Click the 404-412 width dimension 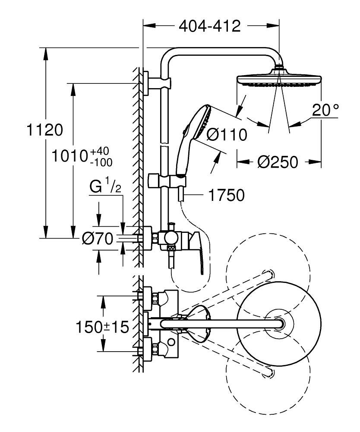(209, 26)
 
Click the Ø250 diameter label (278, 162)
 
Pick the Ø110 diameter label (227, 135)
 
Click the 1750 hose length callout (226, 195)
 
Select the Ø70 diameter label (98, 238)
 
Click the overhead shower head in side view (279, 80)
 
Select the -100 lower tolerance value (101, 162)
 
